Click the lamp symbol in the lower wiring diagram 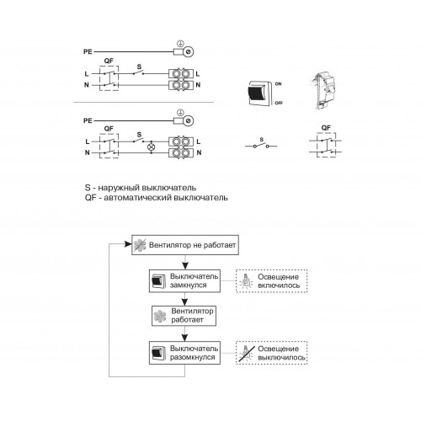[152, 147]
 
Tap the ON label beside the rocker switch [278, 84]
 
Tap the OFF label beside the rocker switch [279, 103]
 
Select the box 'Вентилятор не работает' [185, 245]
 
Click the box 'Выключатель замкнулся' [184, 281]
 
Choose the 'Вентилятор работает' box [184, 316]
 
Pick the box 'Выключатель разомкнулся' [184, 353]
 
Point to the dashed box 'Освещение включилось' [272, 281]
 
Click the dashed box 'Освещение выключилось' [272, 353]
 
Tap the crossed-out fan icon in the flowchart [140, 245]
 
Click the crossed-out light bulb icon [247, 353]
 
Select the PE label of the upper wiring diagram [88, 51]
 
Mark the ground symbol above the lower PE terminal [180, 113]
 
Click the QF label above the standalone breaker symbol [326, 128]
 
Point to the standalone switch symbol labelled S [261, 146]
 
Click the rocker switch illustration [260, 93]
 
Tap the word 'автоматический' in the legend [138, 198]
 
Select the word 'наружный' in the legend [119, 188]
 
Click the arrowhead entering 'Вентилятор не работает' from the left [128, 244]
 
